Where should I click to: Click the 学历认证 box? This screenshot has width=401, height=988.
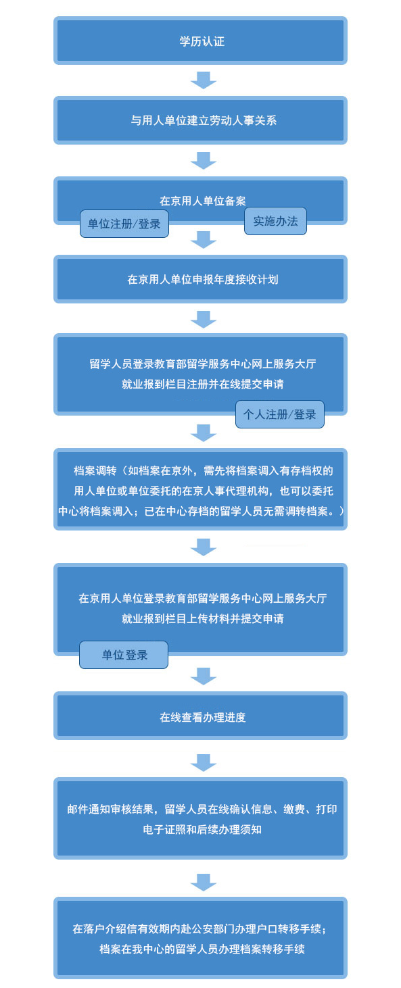(x=200, y=41)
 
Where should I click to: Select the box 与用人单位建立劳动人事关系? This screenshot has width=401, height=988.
(x=200, y=120)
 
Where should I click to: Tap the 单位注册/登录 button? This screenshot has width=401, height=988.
(x=124, y=224)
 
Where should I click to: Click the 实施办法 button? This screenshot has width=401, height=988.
(x=275, y=221)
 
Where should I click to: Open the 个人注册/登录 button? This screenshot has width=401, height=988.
(x=280, y=414)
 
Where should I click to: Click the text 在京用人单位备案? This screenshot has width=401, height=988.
(x=203, y=201)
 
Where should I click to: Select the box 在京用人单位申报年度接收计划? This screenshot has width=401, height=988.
(x=200, y=279)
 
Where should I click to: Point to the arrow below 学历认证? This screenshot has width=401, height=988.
(x=204, y=80)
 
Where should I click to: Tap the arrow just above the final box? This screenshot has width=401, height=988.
(x=204, y=882)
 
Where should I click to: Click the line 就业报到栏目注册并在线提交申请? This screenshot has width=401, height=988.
(x=203, y=384)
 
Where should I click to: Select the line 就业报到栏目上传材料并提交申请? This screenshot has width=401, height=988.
(x=203, y=619)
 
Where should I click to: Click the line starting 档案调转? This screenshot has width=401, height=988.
(x=203, y=470)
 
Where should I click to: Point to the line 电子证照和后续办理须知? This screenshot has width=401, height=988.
(x=202, y=830)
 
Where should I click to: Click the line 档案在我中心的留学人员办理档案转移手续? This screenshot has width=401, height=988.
(x=202, y=949)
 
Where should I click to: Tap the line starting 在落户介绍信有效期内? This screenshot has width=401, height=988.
(x=199, y=929)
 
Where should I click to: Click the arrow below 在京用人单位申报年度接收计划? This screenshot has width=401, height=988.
(x=204, y=320)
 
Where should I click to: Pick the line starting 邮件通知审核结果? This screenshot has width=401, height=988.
(x=202, y=810)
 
